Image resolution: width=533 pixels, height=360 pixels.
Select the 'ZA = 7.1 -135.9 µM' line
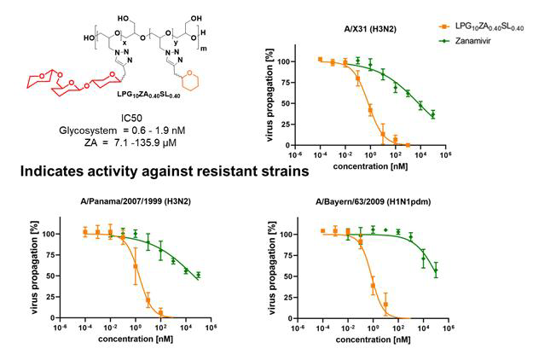pos(129,141)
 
